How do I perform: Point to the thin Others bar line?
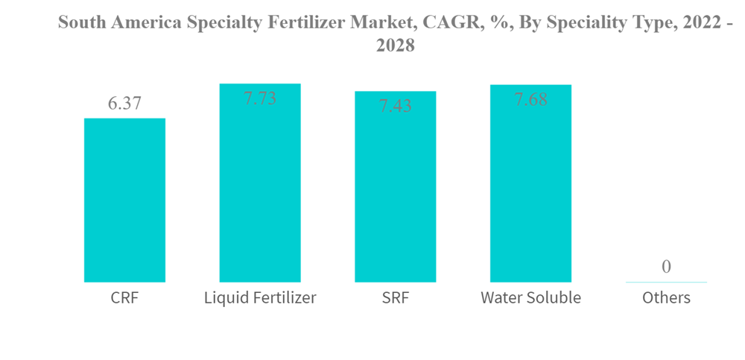666,282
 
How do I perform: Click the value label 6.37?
124,104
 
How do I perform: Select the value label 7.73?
260,98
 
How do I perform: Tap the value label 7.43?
395,106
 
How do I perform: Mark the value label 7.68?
530,98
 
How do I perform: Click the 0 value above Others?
666,266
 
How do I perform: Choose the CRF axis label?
124,298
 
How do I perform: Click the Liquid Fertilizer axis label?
260,298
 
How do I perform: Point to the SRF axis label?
395,298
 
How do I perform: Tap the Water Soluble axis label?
530,298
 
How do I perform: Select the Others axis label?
666,298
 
